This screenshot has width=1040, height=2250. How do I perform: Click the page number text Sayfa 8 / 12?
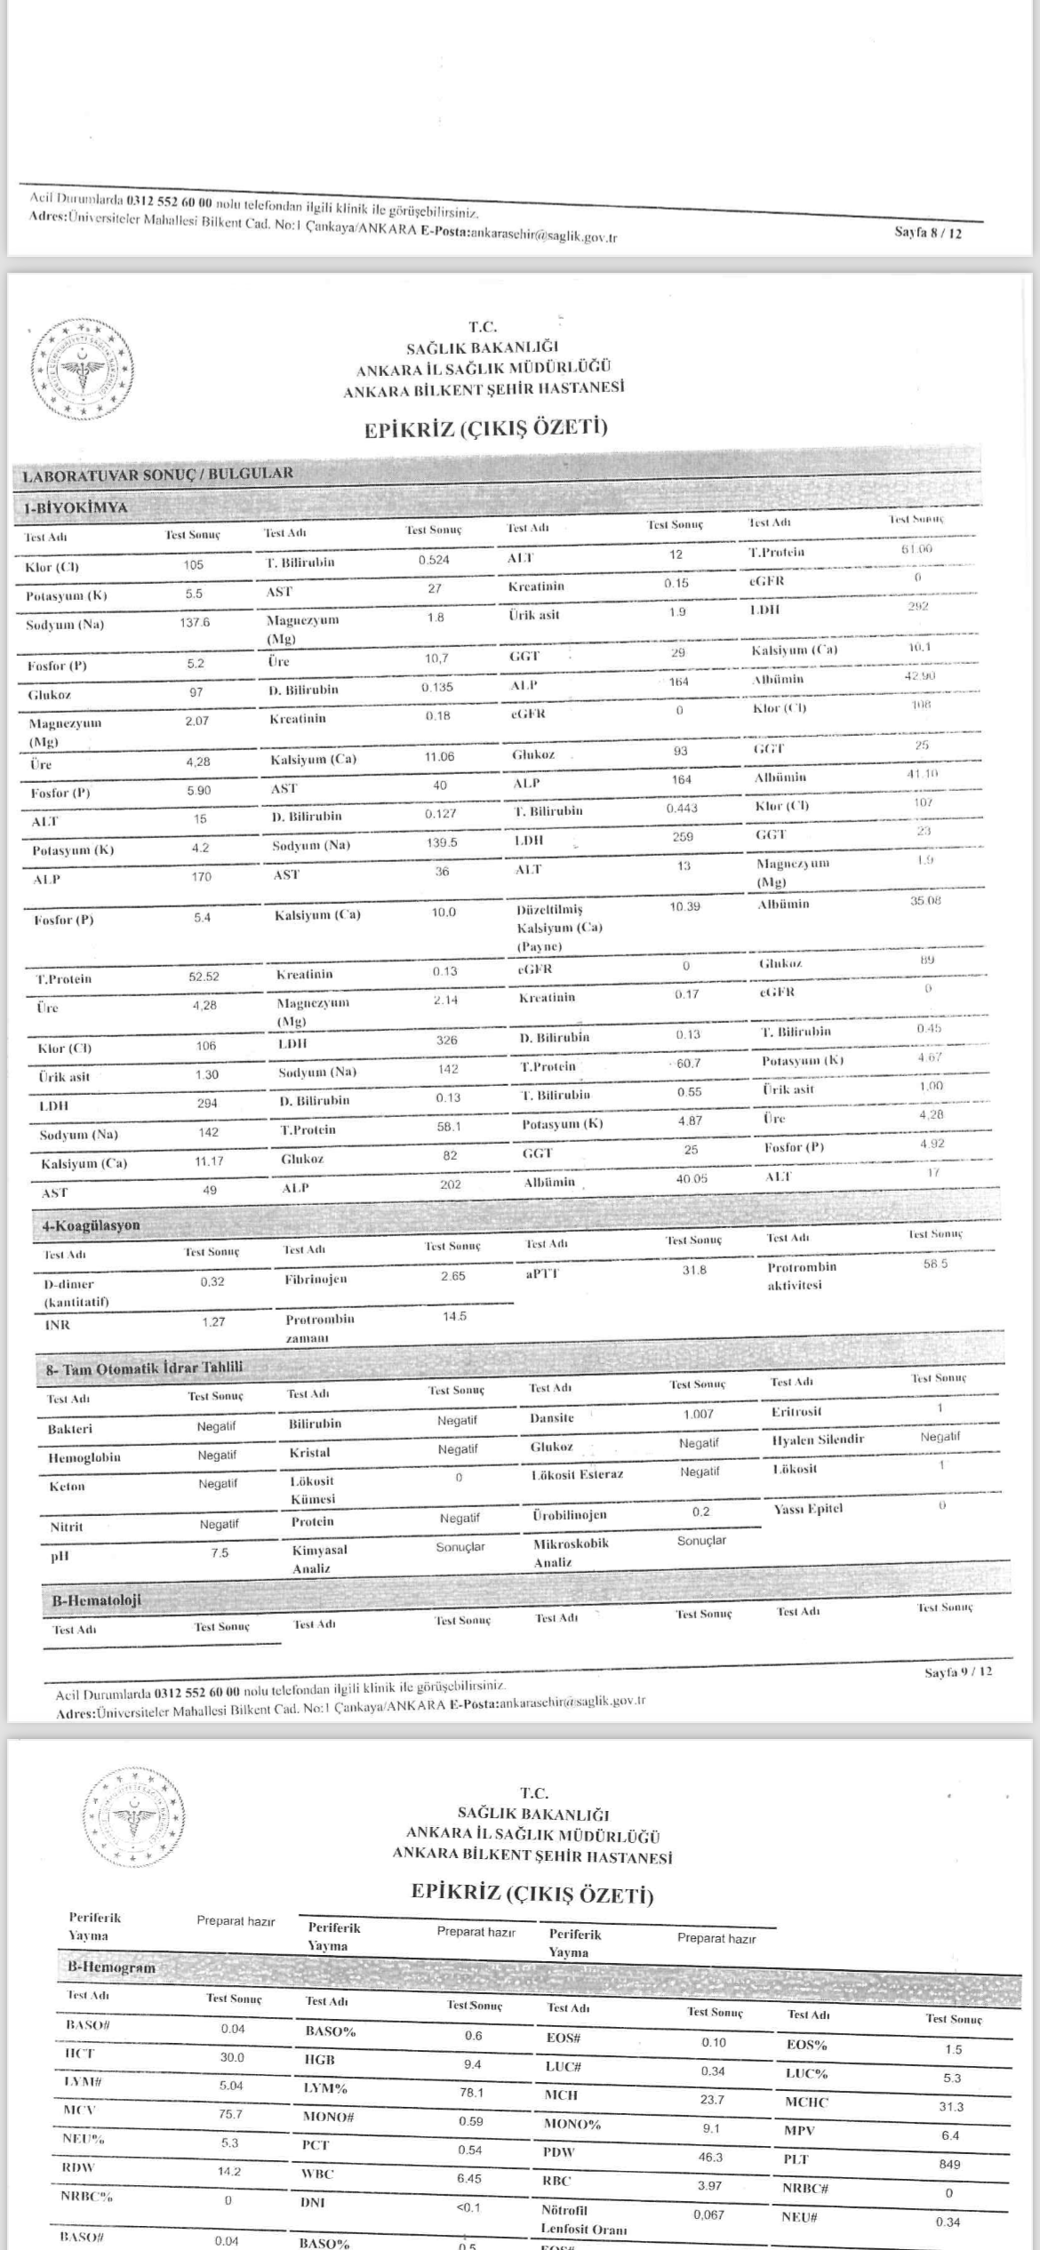tap(927, 234)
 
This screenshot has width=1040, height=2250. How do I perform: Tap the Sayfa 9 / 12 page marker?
tap(957, 1672)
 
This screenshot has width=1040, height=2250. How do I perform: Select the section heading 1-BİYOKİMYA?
tap(76, 508)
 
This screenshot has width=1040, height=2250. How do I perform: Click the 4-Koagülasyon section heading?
tap(92, 1225)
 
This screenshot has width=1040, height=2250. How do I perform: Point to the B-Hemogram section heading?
tap(112, 1967)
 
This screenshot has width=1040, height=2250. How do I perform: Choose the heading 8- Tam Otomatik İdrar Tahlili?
tap(144, 1368)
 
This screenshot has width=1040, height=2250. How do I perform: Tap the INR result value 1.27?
tap(213, 1322)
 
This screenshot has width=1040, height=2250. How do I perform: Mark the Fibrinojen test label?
tap(316, 1279)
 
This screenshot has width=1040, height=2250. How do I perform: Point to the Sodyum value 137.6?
tap(195, 623)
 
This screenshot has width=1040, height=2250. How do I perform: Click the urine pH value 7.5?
tap(220, 1552)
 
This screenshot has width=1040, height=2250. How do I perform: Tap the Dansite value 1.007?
tap(698, 1414)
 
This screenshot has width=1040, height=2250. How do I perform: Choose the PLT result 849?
tap(949, 2165)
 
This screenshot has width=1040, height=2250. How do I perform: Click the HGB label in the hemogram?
tap(320, 2059)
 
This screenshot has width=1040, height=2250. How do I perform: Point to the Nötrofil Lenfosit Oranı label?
tap(583, 2219)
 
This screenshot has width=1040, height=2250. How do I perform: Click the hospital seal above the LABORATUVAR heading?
tap(82, 368)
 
